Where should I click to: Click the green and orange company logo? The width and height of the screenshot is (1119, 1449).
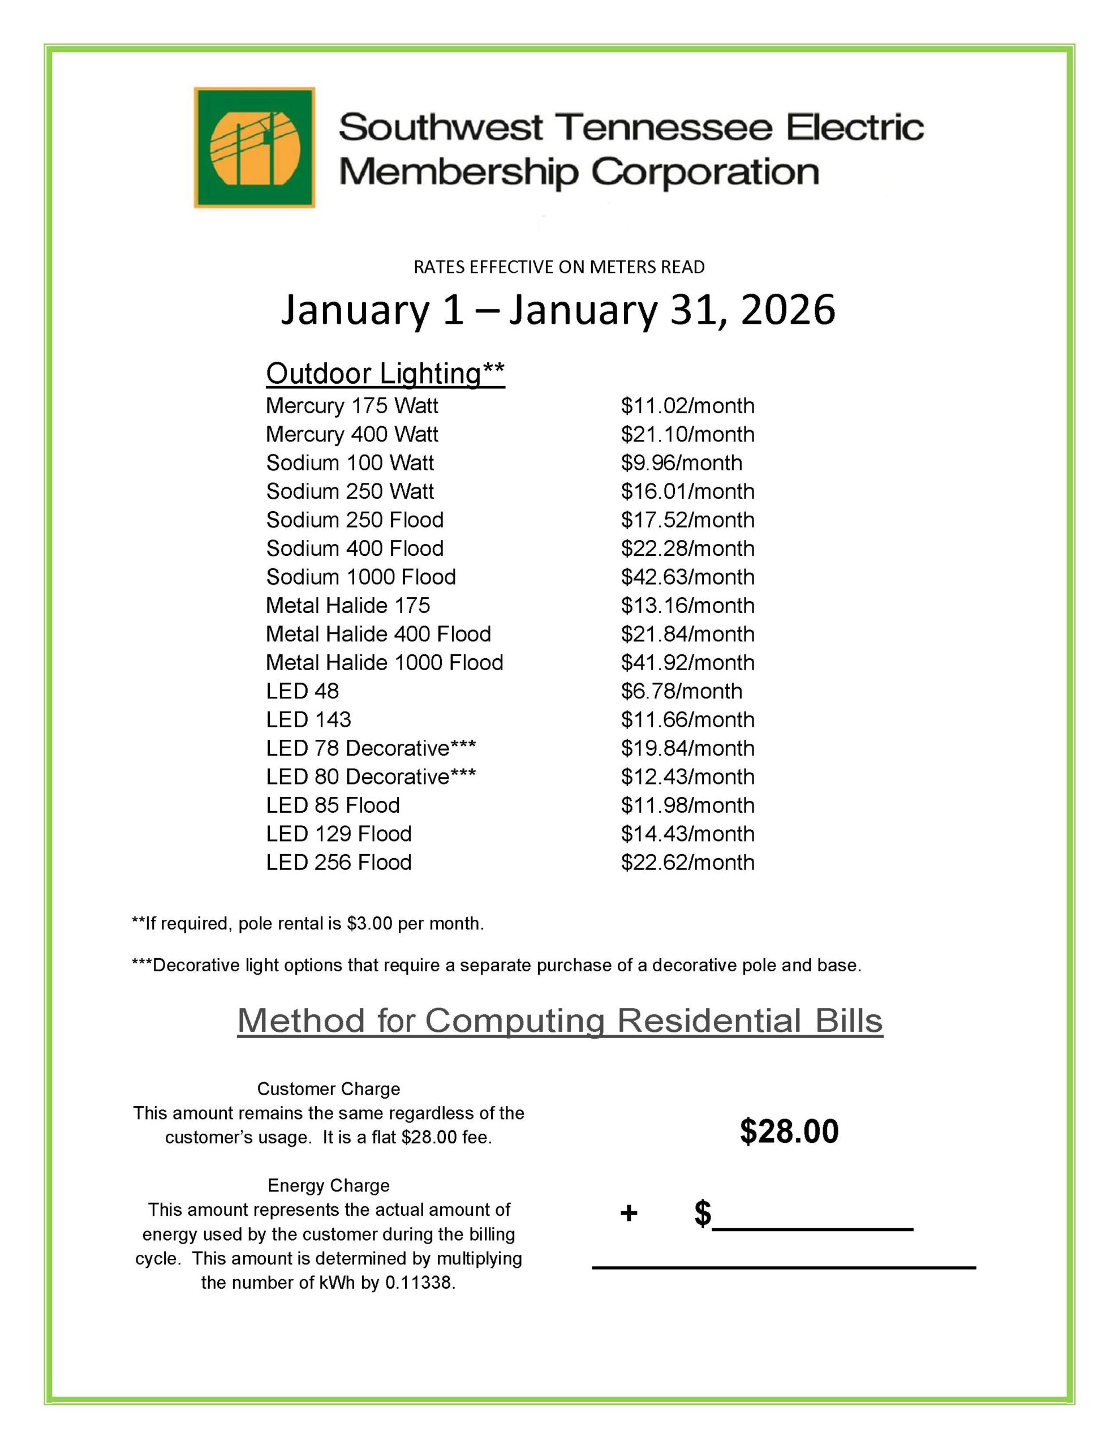point(254,147)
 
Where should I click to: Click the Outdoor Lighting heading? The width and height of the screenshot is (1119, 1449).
point(385,374)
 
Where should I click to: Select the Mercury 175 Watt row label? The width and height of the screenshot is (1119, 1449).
point(351,405)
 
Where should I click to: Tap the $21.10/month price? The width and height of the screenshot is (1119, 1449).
point(687,434)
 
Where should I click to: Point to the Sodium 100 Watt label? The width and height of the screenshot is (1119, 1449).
point(350,462)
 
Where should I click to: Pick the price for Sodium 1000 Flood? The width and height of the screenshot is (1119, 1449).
point(687,577)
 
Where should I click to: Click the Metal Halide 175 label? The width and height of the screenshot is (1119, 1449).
point(347,605)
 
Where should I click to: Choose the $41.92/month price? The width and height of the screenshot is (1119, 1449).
point(687,662)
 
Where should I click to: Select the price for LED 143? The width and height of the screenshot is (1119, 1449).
point(687,719)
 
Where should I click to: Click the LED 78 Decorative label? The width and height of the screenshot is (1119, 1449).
point(371,748)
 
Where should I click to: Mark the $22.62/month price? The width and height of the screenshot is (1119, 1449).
point(687,862)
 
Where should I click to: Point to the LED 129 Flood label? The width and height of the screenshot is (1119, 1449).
point(338,833)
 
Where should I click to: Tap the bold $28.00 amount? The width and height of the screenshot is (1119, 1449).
point(789,1131)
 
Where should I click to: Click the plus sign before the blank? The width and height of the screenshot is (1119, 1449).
point(628,1214)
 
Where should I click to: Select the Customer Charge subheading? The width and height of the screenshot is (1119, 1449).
point(328,1089)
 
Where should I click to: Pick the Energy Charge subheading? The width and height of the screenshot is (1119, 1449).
point(328,1186)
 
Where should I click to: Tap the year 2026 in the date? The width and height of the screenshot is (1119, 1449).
point(787,310)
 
